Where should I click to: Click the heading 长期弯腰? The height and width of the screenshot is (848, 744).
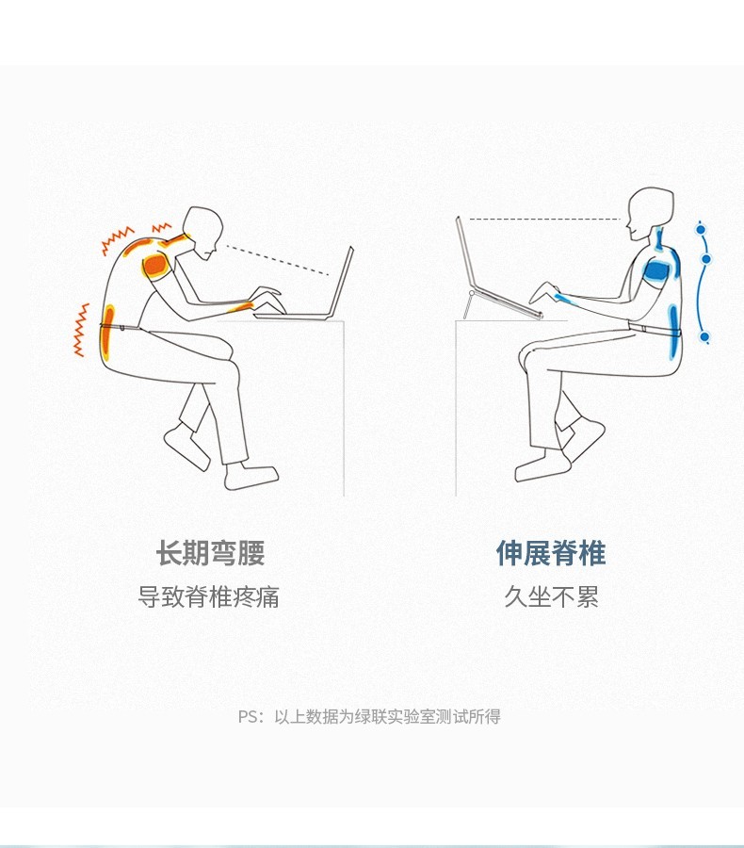[210, 553]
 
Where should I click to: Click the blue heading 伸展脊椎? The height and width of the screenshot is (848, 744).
[551, 553]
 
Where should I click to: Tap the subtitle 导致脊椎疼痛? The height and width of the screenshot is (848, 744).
[209, 596]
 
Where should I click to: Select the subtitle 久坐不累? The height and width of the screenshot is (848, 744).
[552, 596]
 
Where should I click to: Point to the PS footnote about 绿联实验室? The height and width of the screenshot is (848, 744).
[369, 717]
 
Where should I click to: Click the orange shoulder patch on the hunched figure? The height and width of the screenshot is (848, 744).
[155, 265]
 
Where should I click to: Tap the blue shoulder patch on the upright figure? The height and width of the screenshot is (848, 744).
[656, 270]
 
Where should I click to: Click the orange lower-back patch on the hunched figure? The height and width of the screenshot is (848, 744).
[107, 332]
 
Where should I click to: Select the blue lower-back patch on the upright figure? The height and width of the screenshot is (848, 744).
[673, 330]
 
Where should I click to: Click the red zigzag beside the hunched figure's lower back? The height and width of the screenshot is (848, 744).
[81, 330]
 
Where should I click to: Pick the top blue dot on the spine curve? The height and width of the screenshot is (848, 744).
[701, 230]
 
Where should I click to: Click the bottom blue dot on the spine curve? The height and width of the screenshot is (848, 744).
[704, 337]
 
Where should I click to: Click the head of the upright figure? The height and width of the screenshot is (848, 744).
[650, 213]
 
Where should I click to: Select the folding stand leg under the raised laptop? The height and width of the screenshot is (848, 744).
[468, 305]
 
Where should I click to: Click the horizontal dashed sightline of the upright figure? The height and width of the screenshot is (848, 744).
[544, 219]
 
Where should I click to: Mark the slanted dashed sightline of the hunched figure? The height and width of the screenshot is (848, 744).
[278, 261]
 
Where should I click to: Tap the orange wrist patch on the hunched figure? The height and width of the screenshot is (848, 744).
[241, 307]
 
